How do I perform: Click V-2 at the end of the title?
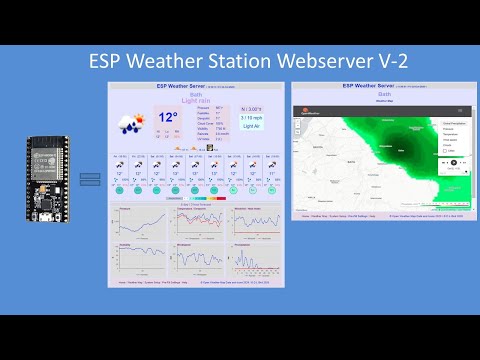(387, 61)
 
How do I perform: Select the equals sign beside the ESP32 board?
(90, 179)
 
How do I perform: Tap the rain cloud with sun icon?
(131, 123)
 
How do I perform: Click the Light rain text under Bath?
(195, 101)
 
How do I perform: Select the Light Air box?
(252, 127)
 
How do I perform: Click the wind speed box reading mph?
(252, 117)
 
